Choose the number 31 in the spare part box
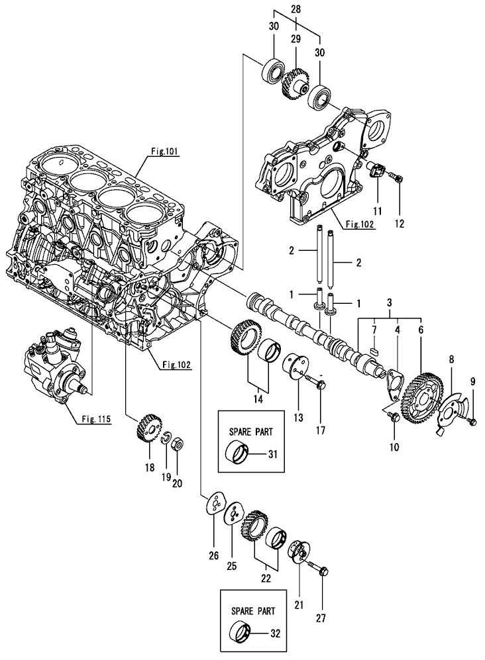(273, 453)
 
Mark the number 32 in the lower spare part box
(274, 633)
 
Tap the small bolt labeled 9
(472, 420)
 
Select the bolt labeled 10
(391, 415)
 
